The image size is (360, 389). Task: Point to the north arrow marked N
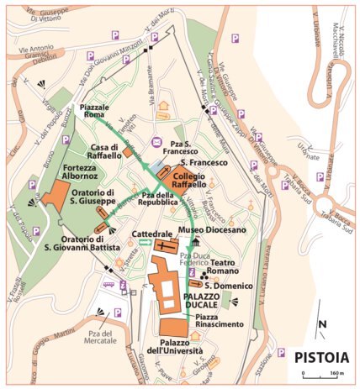[x=321, y=323]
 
